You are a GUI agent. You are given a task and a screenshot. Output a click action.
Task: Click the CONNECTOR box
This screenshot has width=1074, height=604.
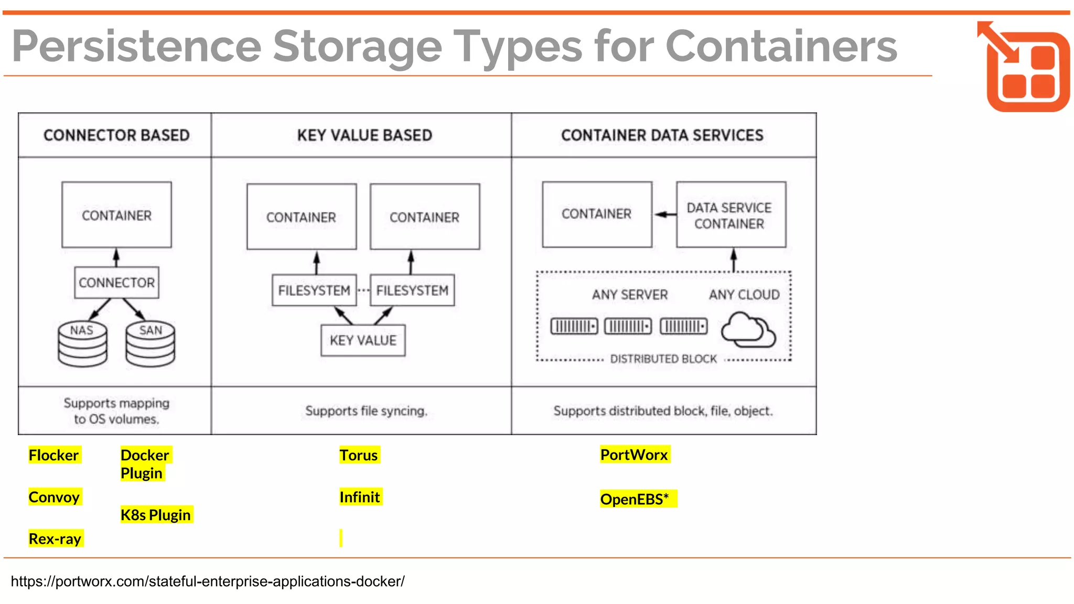116,283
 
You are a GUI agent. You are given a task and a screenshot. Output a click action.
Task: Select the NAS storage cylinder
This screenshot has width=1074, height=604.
82,344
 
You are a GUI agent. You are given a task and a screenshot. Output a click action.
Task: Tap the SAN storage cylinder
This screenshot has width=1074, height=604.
151,344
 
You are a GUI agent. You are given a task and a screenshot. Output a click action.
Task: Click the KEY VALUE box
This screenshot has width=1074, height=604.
363,341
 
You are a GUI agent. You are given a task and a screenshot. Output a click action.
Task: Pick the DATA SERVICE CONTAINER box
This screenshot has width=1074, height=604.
731,215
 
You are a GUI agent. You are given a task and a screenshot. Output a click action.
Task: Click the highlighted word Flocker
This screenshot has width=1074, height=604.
54,455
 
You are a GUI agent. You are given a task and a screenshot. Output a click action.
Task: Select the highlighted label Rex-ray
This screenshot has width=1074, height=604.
55,539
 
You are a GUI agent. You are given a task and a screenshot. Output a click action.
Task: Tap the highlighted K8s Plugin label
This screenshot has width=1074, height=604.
156,515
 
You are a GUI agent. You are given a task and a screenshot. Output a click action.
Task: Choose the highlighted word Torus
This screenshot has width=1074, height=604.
359,455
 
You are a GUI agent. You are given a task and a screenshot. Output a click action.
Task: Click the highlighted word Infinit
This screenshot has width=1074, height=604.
360,497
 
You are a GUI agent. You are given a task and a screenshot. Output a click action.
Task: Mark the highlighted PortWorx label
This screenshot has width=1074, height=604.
634,455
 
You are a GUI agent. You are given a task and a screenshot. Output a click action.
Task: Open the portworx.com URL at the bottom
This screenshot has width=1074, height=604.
208,581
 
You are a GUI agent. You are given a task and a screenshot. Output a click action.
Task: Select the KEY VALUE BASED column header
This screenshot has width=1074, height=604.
364,135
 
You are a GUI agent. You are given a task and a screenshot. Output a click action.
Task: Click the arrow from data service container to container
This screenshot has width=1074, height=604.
664,214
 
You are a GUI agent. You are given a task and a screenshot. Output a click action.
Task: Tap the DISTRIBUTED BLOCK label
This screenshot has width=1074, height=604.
663,359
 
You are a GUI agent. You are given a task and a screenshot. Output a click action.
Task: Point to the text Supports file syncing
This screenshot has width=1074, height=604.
366,411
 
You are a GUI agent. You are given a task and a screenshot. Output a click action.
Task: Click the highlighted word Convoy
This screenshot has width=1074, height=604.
54,497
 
